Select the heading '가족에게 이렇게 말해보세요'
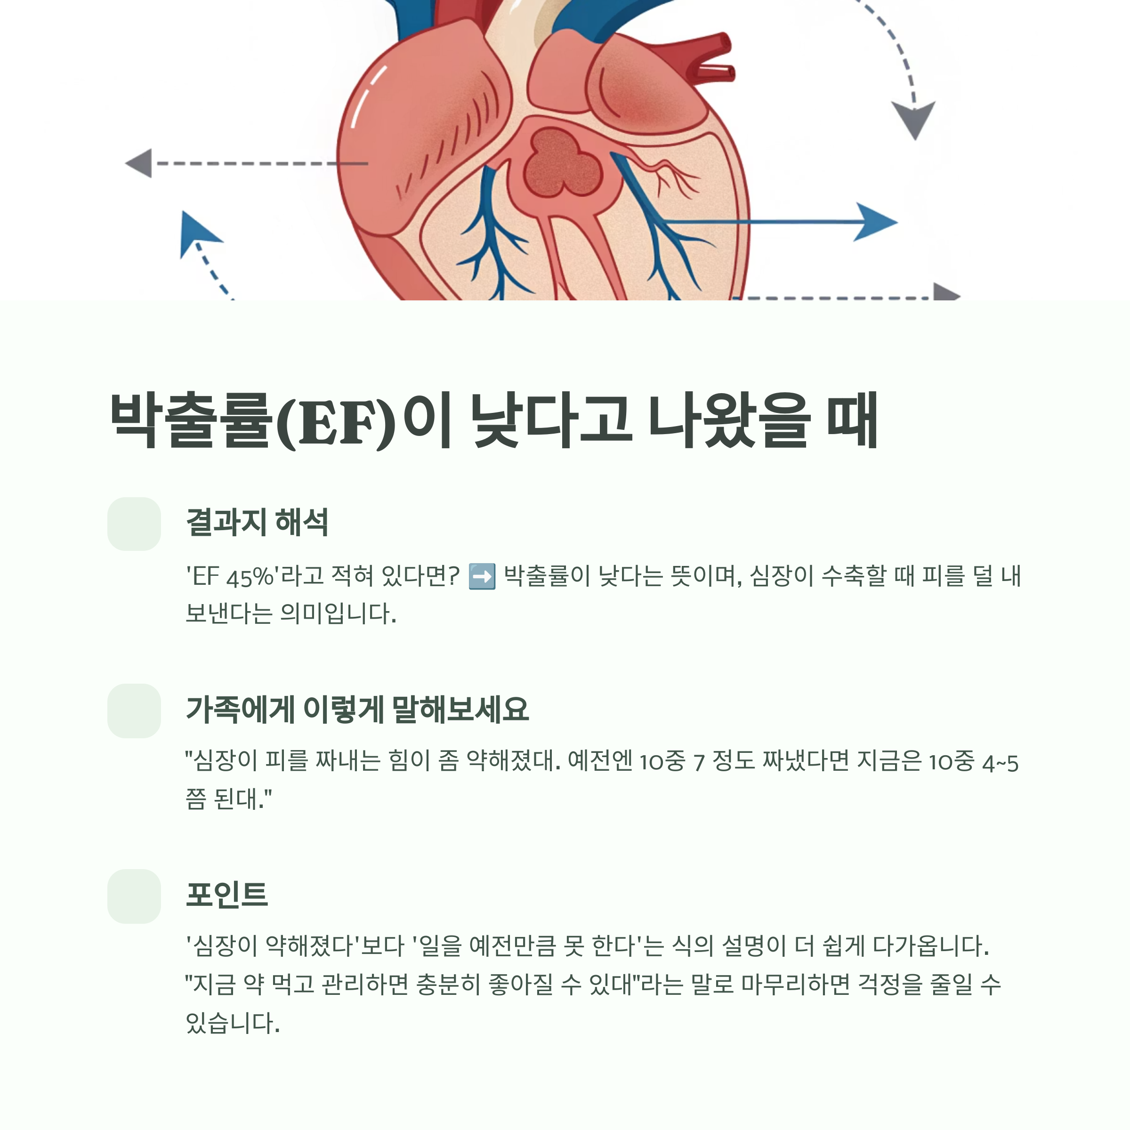pos(357,710)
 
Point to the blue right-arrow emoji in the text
pos(482,576)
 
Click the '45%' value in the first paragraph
pos(249,577)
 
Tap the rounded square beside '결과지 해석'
pos(134,524)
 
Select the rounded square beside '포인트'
pos(134,896)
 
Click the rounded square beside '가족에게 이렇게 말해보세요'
pos(134,710)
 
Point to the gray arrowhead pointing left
pos(140,163)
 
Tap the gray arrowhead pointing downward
pos(913,119)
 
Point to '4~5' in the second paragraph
pos(1000,763)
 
